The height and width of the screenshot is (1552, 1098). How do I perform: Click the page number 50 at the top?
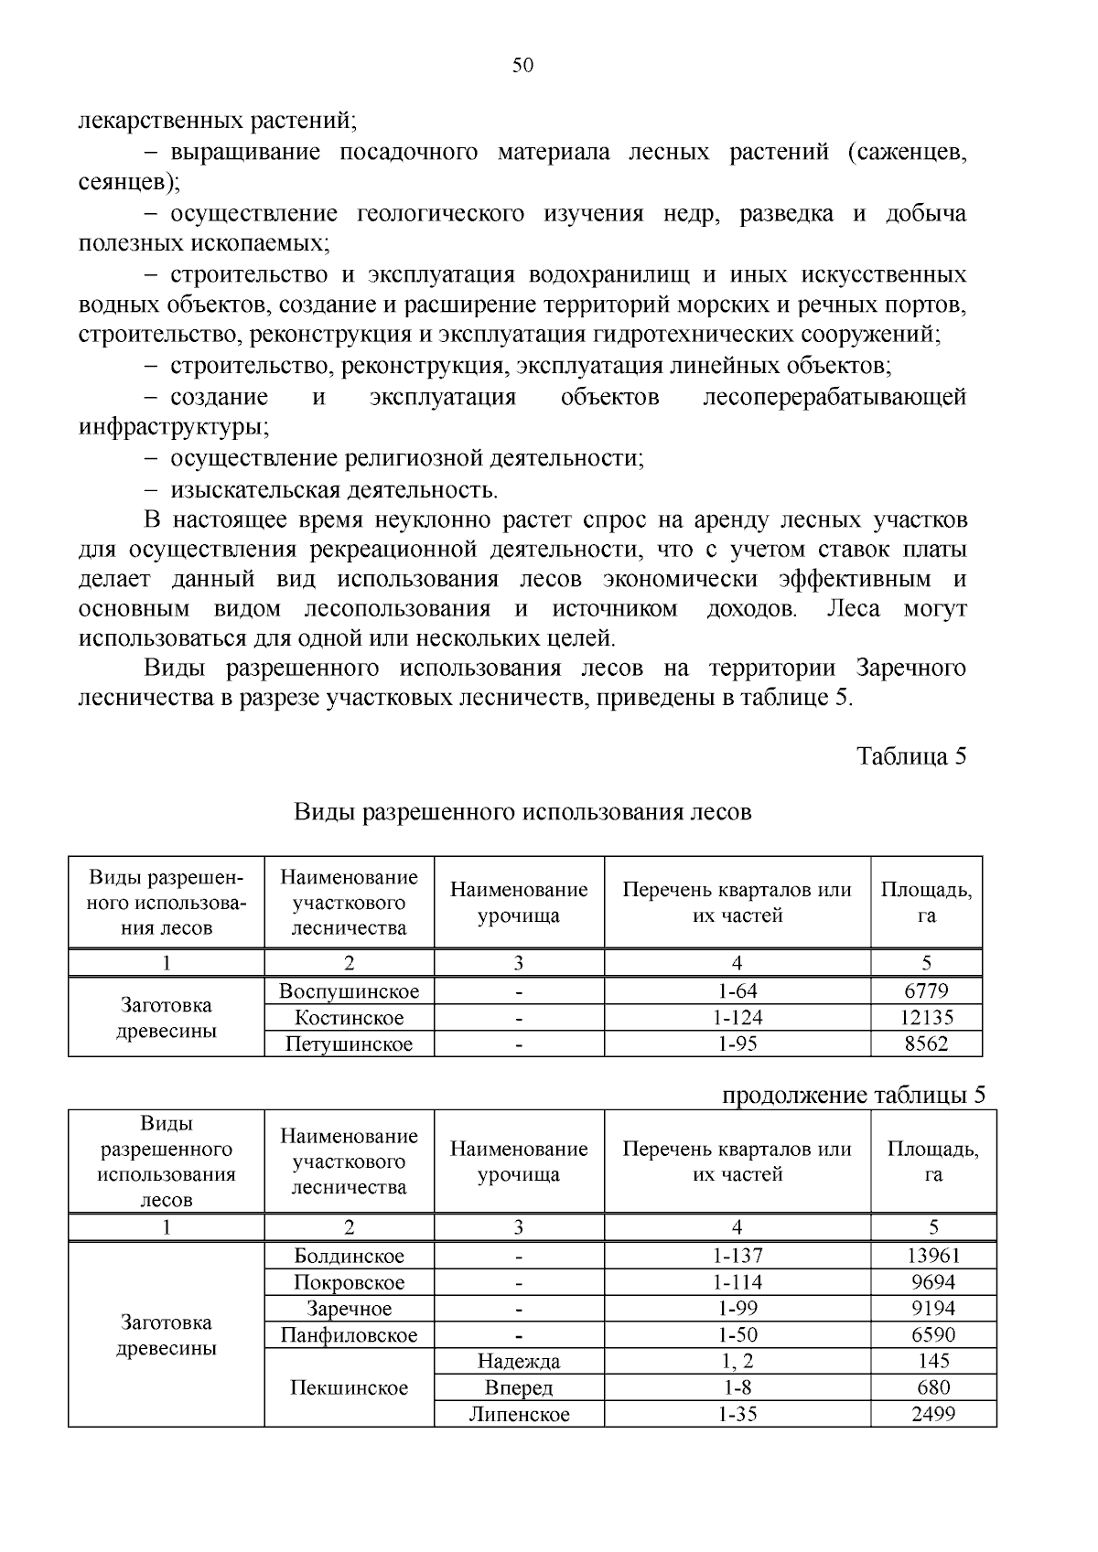tap(522, 65)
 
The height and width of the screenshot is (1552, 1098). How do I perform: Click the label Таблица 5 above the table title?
tap(910, 755)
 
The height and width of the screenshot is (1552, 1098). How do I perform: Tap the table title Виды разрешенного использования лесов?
tap(522, 811)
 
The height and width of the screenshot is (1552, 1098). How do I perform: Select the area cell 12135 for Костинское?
tap(926, 1017)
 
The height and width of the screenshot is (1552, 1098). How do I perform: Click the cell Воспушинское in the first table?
tap(349, 990)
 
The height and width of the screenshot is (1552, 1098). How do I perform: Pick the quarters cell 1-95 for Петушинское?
tap(737, 1044)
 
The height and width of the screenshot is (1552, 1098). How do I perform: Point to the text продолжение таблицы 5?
tap(853, 1095)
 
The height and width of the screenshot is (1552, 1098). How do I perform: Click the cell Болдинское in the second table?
tap(349, 1256)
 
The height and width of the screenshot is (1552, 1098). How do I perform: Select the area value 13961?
tap(932, 1256)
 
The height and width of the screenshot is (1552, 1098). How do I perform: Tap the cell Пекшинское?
tap(349, 1387)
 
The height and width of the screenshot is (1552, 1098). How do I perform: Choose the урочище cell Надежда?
tap(519, 1361)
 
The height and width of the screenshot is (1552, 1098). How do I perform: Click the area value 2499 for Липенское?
tap(932, 1414)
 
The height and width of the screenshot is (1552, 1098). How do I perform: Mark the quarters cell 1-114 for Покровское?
tap(737, 1282)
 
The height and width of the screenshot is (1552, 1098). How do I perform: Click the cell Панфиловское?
tap(349, 1334)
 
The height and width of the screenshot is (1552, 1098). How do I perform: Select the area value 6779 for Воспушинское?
tap(926, 990)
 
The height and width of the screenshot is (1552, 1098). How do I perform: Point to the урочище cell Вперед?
tap(519, 1387)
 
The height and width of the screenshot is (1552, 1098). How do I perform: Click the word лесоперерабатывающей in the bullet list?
tap(834, 397)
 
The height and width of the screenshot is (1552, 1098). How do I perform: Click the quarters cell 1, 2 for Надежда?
tap(737, 1361)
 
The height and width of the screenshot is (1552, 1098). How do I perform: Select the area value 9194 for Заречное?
tap(932, 1308)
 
